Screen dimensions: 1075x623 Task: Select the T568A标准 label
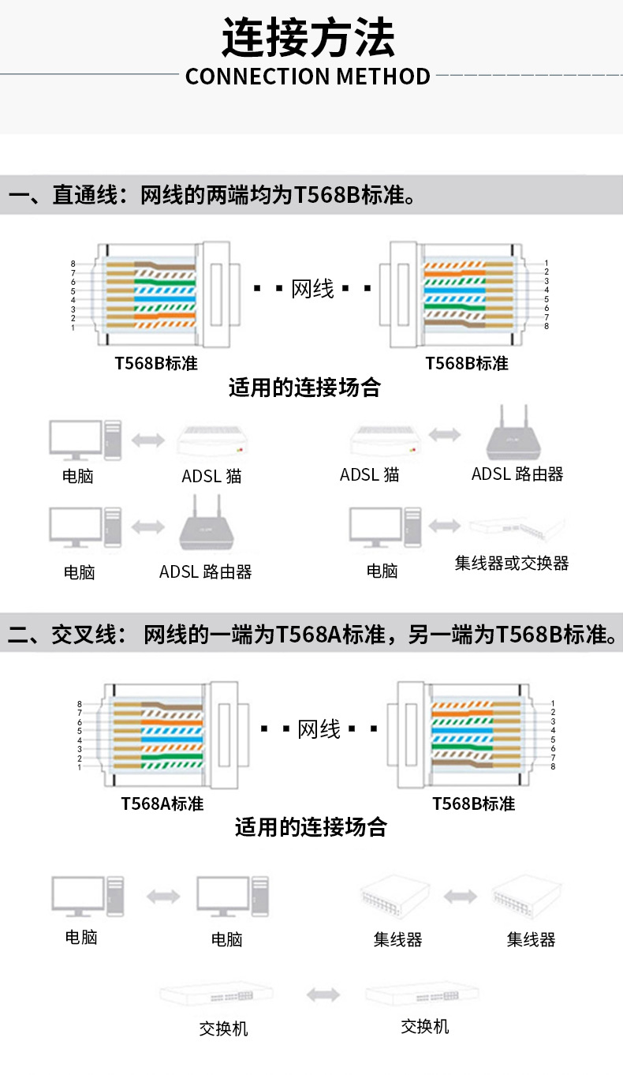(x=162, y=803)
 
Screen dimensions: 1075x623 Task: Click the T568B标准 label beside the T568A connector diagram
(x=474, y=803)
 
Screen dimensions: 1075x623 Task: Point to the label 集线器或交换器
(x=512, y=564)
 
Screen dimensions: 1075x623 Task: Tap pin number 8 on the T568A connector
(x=80, y=703)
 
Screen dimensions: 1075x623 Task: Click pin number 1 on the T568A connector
(x=80, y=766)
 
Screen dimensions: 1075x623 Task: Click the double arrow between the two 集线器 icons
(x=461, y=897)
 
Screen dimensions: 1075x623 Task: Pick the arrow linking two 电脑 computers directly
(x=163, y=897)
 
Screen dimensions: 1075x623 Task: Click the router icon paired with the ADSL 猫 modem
(x=513, y=433)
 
